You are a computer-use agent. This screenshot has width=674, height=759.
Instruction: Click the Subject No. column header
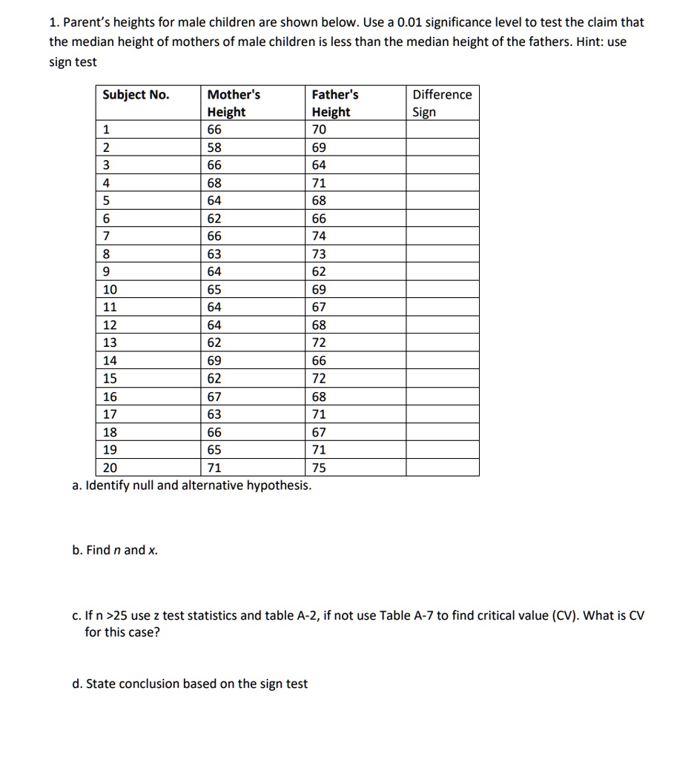(x=136, y=95)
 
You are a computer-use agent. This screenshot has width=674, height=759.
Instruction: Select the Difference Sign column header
(x=442, y=103)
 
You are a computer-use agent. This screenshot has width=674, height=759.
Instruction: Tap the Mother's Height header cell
(x=234, y=103)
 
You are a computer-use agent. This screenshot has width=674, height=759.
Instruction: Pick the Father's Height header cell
(x=334, y=103)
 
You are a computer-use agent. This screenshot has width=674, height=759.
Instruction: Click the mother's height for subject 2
(x=214, y=148)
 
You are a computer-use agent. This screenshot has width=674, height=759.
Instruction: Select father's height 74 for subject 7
(x=319, y=236)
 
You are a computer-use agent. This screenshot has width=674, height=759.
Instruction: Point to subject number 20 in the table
(x=110, y=468)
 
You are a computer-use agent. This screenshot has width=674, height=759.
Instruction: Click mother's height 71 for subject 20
(x=214, y=468)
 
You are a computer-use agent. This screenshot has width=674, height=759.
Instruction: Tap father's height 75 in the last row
(x=319, y=468)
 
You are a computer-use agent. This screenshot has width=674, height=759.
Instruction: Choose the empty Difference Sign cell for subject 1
(x=442, y=130)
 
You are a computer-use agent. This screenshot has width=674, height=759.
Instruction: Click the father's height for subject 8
(x=319, y=254)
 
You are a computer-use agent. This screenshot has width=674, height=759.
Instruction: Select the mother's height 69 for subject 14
(x=214, y=361)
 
